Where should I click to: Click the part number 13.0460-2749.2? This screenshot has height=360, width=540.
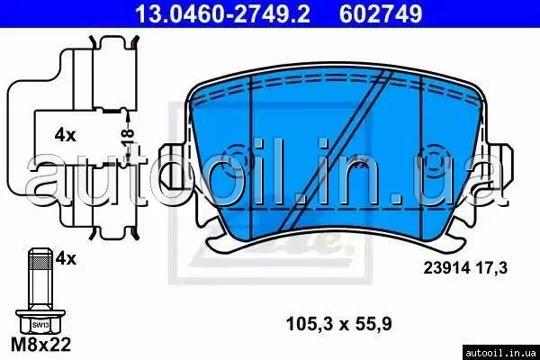222,13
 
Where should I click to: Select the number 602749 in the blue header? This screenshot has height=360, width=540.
381,13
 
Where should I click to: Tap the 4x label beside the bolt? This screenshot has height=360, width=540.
66,258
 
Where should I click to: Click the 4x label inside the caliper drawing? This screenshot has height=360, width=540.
65,135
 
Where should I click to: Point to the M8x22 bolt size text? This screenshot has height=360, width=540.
41,344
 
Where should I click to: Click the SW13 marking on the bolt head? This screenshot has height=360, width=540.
40,325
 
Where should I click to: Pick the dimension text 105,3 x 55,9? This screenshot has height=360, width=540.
339,324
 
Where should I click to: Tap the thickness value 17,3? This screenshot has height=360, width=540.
491,267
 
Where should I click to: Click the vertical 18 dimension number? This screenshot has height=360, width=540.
128,138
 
